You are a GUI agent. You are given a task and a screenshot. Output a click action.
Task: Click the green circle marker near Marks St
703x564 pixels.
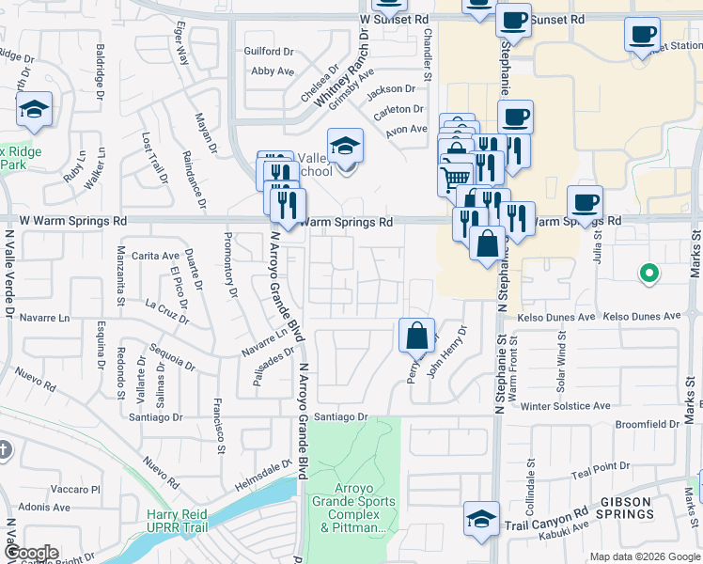(648, 274)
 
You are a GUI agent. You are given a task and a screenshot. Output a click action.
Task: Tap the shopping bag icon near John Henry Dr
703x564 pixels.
(416, 334)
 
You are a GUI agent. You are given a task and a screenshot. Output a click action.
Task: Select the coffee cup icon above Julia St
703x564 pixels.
(585, 202)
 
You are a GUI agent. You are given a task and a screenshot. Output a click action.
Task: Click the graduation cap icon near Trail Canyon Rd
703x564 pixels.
(480, 518)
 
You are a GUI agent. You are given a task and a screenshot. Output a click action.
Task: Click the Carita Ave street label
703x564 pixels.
(156, 256)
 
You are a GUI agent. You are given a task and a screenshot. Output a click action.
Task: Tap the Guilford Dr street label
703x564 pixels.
(270, 51)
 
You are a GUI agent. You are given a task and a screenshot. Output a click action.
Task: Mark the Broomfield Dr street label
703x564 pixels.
(648, 424)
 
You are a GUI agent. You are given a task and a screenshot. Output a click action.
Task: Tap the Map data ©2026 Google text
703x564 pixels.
(644, 556)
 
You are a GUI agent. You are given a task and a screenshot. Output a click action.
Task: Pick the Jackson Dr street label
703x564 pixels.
(391, 89)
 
